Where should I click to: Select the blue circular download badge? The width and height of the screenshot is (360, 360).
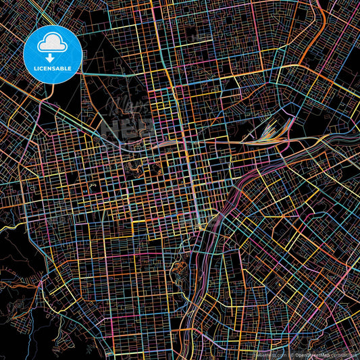coord(52,54)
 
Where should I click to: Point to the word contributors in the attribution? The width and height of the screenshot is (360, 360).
coord(343,355)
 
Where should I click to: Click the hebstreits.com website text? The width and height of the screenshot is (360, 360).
coord(267,355)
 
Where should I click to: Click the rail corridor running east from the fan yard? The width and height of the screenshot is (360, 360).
coord(317,139)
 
